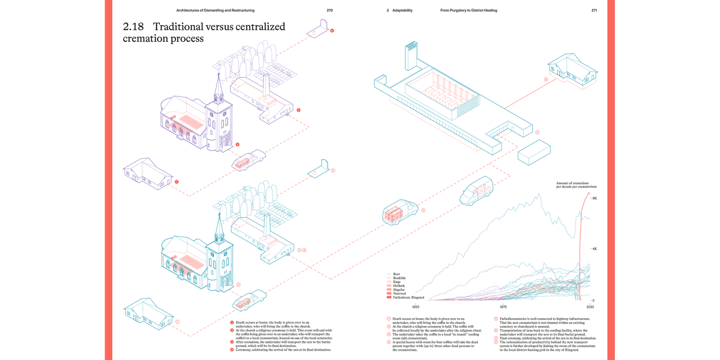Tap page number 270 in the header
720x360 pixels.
pyautogui.click(x=329, y=10)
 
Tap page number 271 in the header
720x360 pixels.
pyautogui.click(x=594, y=10)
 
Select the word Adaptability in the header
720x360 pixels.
pyautogui.click(x=402, y=10)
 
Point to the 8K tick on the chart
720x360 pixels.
pyautogui.click(x=594, y=198)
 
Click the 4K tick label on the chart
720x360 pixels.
pyautogui.click(x=594, y=249)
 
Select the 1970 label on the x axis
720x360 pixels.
pyautogui.click(x=503, y=306)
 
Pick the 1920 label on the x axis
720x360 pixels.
pyautogui.click(x=416, y=306)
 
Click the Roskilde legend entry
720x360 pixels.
pyautogui.click(x=400, y=278)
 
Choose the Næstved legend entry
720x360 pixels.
pyautogui.click(x=400, y=293)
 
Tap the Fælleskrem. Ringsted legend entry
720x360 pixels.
pyautogui.click(x=408, y=298)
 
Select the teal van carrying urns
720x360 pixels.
pyautogui.click(x=477, y=191)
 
